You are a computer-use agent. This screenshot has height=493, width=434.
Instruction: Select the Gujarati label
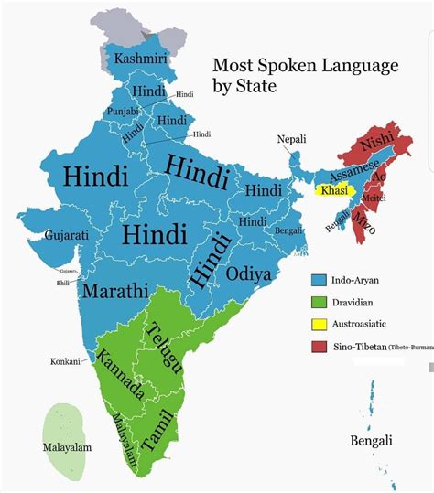66,235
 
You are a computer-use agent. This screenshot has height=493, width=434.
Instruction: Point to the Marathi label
114,291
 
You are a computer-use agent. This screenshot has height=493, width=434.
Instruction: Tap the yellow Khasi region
336,190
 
